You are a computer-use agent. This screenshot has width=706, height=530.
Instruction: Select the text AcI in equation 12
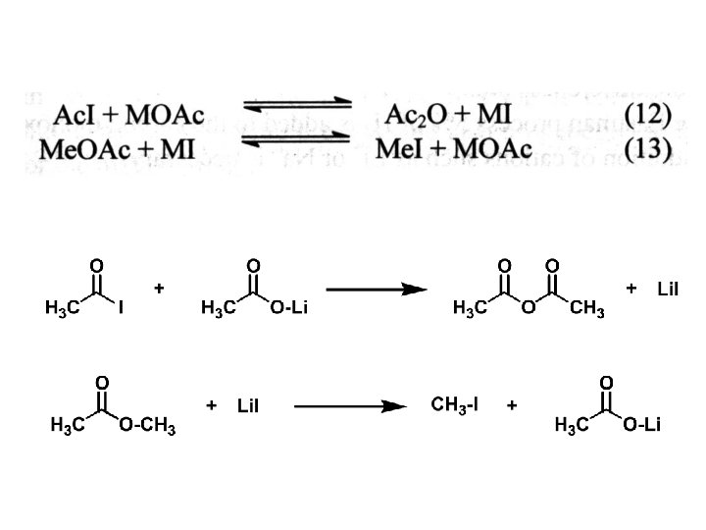coord(76,116)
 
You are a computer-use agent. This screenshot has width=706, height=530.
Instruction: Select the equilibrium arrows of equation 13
coord(297,145)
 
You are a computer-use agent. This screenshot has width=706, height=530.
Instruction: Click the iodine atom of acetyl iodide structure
coord(120,310)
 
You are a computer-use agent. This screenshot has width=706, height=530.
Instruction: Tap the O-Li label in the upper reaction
coord(289,310)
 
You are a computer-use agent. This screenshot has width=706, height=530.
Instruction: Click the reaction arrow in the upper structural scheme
coord(377,290)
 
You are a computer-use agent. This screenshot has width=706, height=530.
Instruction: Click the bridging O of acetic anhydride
coord(528,310)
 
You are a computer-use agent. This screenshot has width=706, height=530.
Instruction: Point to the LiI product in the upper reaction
coord(669,289)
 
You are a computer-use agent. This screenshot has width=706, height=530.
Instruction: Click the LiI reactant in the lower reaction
coord(247,405)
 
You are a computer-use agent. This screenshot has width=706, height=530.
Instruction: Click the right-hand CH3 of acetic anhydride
coord(586,311)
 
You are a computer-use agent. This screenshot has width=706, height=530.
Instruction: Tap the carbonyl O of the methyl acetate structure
coord(100,381)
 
